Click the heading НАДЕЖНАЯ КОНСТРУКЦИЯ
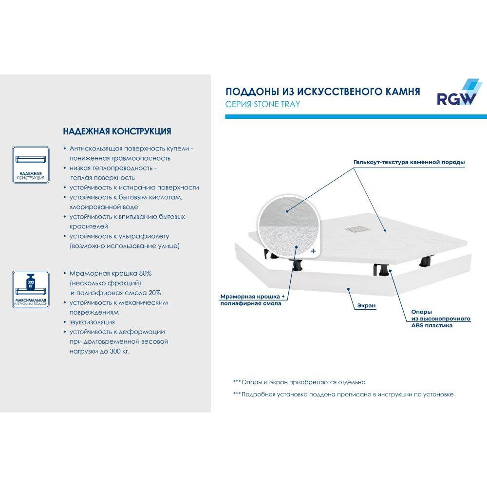point(117,132)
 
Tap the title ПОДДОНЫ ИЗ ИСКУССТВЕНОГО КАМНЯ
point(322,92)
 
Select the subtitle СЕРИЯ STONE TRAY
point(262,104)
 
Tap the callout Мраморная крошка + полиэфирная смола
point(251,300)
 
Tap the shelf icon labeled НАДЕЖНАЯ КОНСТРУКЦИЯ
point(30,164)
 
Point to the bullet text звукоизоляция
point(92,322)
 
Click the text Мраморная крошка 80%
point(111,273)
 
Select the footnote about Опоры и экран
point(299,382)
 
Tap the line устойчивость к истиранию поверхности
point(134,187)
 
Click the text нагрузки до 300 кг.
point(100,351)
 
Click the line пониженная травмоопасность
point(120,158)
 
